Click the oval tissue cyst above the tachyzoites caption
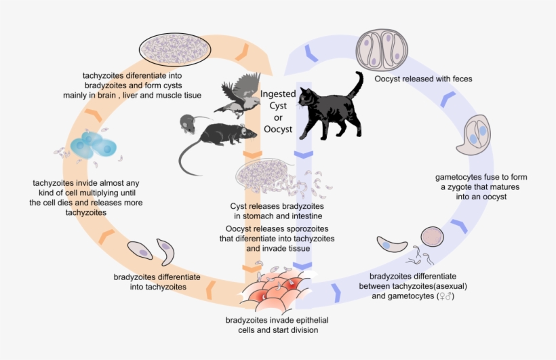coord(175,49)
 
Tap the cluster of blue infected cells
coord(91,145)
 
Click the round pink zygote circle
coord(432,237)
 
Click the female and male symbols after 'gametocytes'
coord(445,297)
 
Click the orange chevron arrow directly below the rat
coord(252,155)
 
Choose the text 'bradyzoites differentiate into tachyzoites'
coord(157,282)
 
